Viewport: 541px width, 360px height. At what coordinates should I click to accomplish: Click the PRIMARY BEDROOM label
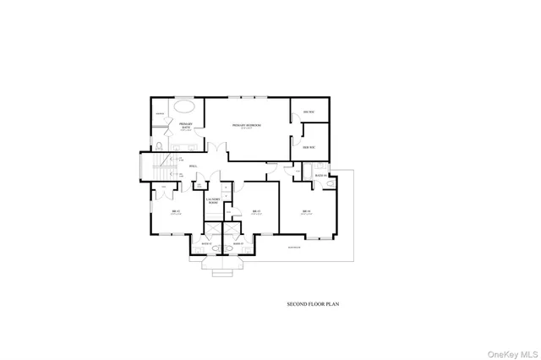point(247,125)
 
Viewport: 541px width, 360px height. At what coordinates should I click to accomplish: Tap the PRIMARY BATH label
point(186,126)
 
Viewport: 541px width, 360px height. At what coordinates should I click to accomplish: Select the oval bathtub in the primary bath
point(187,108)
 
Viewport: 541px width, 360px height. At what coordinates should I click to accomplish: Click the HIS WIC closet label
point(307,112)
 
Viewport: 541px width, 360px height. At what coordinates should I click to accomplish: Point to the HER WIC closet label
point(309,145)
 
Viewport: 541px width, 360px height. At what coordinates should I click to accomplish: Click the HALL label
point(194,166)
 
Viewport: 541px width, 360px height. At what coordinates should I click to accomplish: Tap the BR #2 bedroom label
point(176,210)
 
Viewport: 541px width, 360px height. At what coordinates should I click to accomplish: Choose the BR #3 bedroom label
point(255,211)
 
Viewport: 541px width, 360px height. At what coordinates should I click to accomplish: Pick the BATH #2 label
point(207,243)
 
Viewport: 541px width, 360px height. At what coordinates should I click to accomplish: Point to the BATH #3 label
point(238,243)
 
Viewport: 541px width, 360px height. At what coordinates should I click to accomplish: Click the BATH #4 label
point(320,175)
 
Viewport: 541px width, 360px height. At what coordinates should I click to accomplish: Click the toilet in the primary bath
point(160,145)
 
